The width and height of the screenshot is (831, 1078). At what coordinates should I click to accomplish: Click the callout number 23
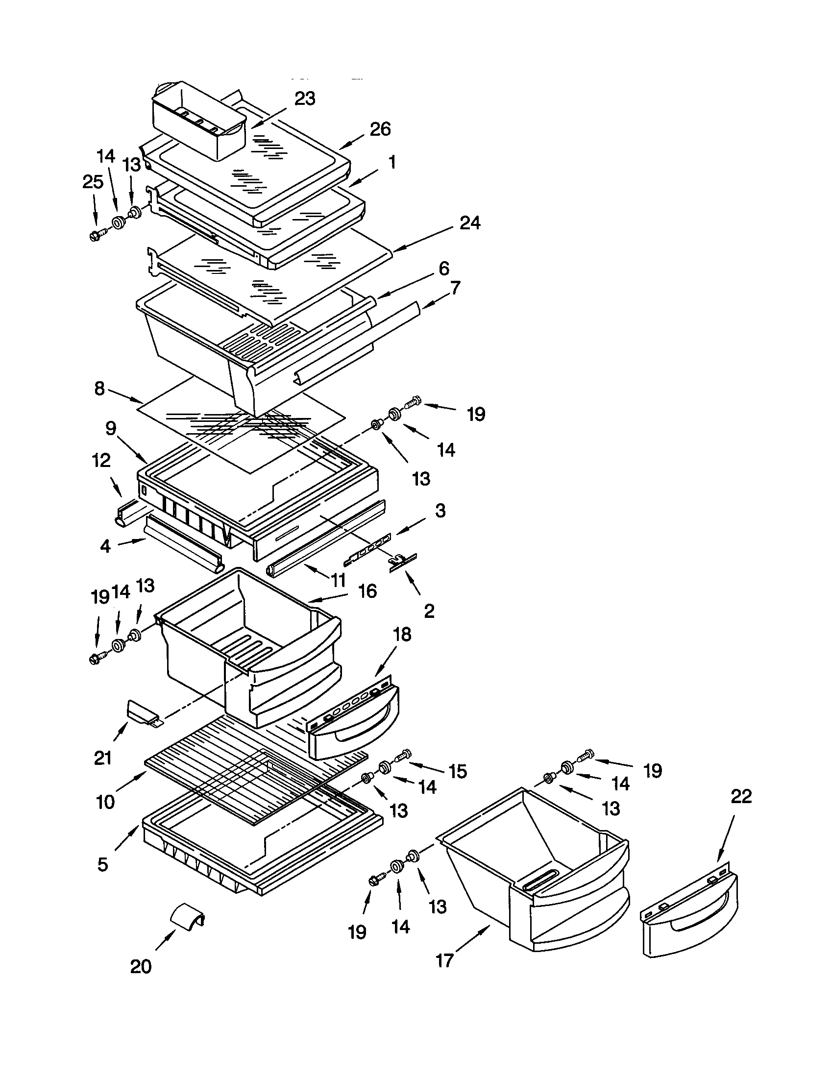pos(304,98)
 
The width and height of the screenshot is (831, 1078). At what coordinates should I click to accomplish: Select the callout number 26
pos(380,129)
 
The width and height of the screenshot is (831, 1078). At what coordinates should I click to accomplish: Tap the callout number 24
pos(469,223)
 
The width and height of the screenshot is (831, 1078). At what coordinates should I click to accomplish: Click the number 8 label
pos(99,389)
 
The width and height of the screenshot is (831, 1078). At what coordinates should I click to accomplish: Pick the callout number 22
pos(741,796)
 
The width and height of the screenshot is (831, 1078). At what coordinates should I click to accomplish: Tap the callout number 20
pos(141,967)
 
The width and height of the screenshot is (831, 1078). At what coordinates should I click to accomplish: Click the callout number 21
pos(102,758)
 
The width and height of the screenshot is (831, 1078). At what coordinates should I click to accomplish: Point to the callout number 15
pos(458,771)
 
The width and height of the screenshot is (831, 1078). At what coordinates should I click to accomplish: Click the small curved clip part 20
pos(188,917)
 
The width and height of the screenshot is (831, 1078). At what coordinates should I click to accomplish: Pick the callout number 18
pos(402,635)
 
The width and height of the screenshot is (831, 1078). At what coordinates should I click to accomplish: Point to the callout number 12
pos(101,461)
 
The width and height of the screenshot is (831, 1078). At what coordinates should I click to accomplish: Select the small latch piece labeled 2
pos(402,560)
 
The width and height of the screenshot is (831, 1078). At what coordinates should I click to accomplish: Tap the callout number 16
pos(367,591)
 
